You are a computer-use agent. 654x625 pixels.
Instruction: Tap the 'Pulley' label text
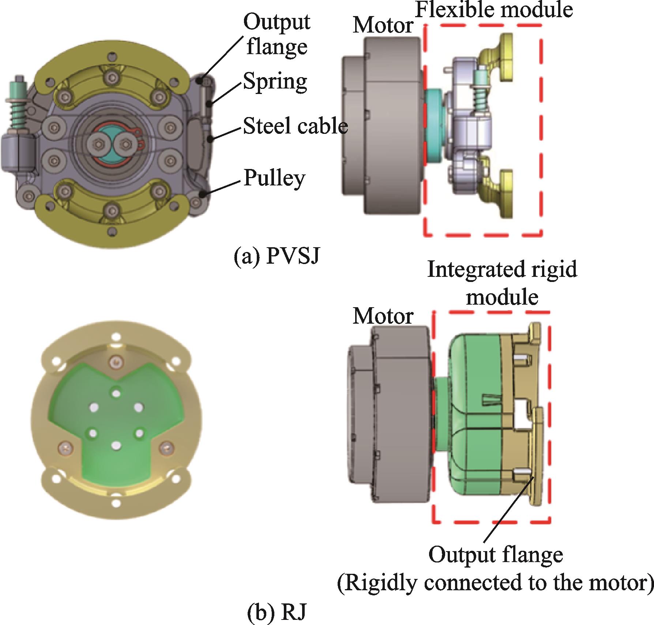tap(274, 179)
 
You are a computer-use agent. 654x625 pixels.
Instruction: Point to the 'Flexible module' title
tap(494, 10)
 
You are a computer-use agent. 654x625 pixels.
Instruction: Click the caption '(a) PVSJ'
tap(277, 256)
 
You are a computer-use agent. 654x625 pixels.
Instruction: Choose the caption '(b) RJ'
tap(276, 612)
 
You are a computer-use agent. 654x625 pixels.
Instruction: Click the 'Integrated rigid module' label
tap(502, 283)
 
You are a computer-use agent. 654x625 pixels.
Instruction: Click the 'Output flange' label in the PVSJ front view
tap(277, 34)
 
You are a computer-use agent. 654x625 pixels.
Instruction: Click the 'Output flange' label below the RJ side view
tap(496, 555)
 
